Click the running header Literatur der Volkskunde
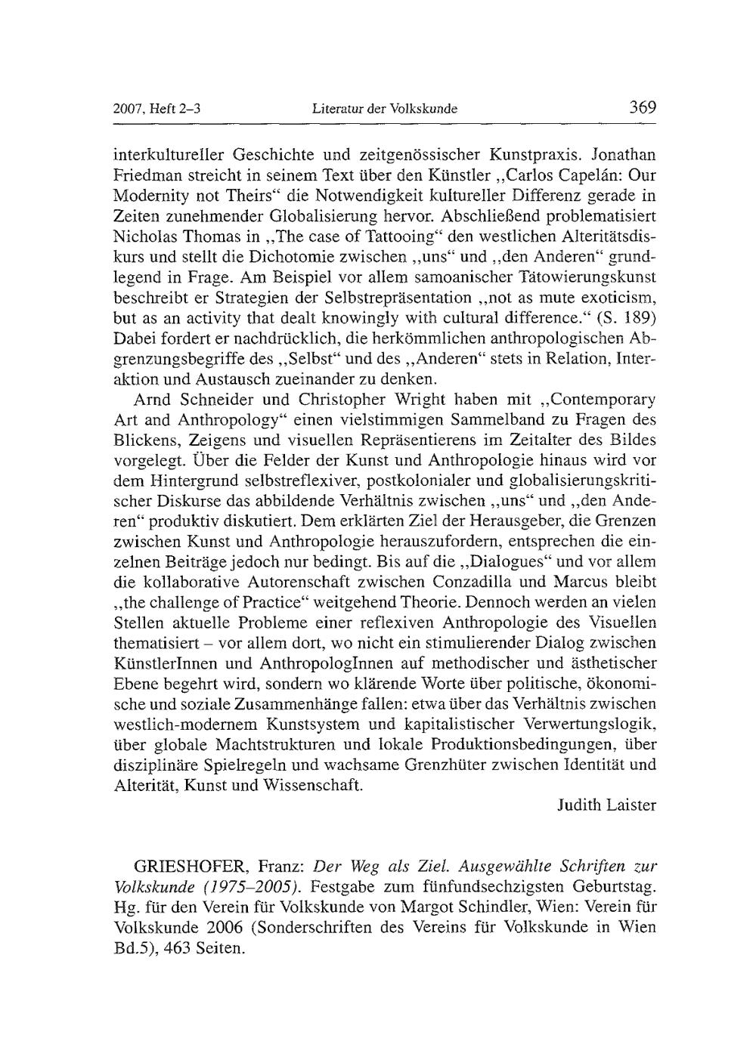click(385, 109)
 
